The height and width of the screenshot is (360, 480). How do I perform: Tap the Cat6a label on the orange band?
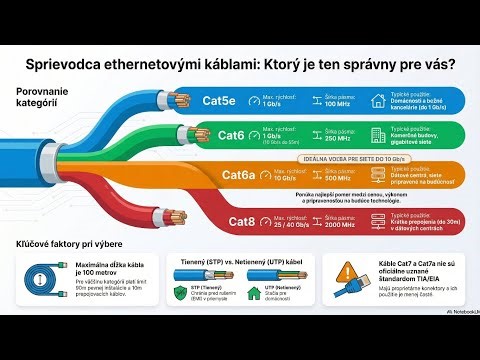coord(238,175)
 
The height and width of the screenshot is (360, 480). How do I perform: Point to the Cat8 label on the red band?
coord(244,220)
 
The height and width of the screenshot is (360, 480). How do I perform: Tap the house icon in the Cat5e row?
coord(377,100)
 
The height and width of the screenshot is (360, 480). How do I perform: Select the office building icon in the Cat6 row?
coord(377,135)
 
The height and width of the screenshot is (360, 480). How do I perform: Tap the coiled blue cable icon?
coord(41,283)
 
